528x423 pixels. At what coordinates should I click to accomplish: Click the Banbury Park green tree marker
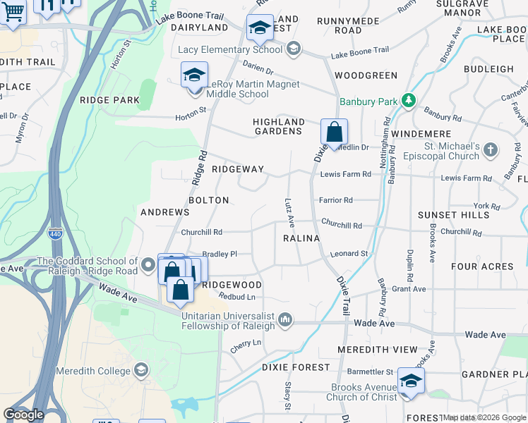tap(408, 101)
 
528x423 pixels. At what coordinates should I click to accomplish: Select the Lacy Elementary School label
tap(229, 49)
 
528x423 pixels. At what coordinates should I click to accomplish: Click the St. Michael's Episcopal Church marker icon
tap(491, 149)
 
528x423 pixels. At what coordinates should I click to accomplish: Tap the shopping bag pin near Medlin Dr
tap(334, 133)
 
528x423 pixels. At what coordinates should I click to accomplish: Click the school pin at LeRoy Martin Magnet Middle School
tap(194, 76)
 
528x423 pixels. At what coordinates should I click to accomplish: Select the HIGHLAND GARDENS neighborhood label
tap(279, 126)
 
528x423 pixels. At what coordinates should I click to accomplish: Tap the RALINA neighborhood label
tap(301, 239)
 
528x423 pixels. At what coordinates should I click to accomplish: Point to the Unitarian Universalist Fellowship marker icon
tap(285, 320)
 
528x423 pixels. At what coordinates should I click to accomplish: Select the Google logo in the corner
tap(23, 415)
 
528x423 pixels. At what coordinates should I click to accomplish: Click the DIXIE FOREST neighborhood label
tap(295, 367)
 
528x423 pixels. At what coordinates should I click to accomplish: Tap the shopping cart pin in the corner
tap(12, 11)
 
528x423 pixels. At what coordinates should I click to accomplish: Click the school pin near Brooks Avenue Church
tap(410, 381)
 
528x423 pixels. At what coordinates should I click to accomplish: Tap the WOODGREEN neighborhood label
tap(366, 75)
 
